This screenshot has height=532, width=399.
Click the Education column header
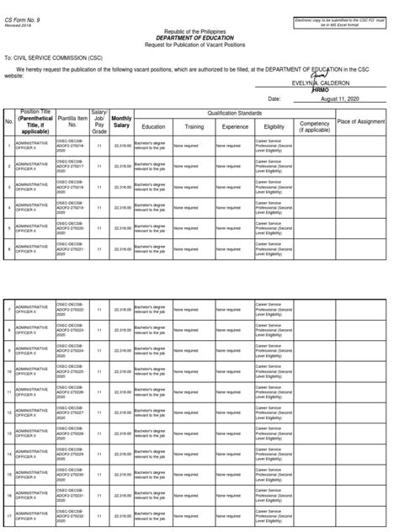(x=153, y=127)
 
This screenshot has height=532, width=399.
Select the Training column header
(x=194, y=127)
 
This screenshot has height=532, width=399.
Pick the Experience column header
(x=234, y=127)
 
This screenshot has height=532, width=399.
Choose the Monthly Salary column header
(x=121, y=122)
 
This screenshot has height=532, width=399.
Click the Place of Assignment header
(x=360, y=123)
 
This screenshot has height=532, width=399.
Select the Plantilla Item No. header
(x=72, y=123)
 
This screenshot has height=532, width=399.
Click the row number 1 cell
(x=8, y=146)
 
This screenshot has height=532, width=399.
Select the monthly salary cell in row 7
(x=121, y=311)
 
